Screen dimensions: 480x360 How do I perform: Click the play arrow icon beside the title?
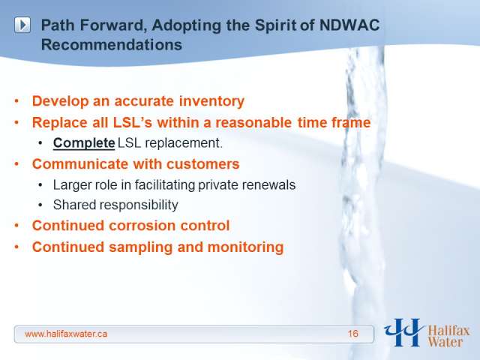click(x=22, y=25)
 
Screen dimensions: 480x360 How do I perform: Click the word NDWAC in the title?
click(x=349, y=25)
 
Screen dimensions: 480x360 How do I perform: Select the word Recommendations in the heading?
click(x=112, y=45)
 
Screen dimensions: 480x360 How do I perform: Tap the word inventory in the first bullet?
click(x=211, y=101)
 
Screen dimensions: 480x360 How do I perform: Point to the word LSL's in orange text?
click(x=133, y=122)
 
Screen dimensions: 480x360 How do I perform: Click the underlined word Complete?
click(x=84, y=143)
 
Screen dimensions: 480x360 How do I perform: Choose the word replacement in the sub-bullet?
click(x=184, y=143)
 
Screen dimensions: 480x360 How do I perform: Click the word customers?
click(x=203, y=164)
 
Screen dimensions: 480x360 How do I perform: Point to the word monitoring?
click(x=245, y=247)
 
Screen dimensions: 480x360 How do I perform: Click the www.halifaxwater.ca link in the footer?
click(x=66, y=334)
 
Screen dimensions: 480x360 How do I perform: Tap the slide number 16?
click(x=353, y=334)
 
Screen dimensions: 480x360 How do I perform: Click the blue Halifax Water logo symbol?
click(x=403, y=332)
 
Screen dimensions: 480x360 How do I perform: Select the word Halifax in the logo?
click(x=448, y=331)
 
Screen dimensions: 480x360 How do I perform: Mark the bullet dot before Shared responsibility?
click(x=40, y=205)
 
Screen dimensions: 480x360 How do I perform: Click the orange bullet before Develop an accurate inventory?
click(x=16, y=101)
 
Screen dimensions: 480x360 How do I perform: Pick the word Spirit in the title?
click(x=275, y=25)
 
